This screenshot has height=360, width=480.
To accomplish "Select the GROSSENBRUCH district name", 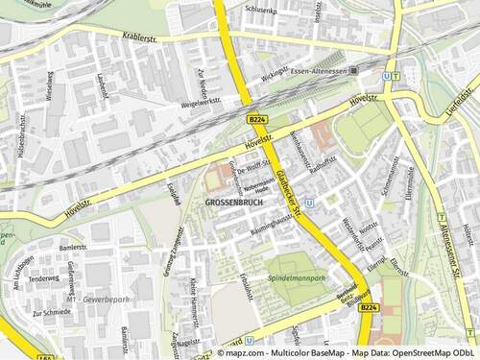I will tap(232, 204).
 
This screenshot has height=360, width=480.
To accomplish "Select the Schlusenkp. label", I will tap(261, 10).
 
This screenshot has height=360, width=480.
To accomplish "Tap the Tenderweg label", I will tap(43, 279).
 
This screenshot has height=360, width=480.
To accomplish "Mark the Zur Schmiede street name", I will tap(50, 313).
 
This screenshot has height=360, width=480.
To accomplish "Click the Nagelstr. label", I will tap(189, 341).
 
